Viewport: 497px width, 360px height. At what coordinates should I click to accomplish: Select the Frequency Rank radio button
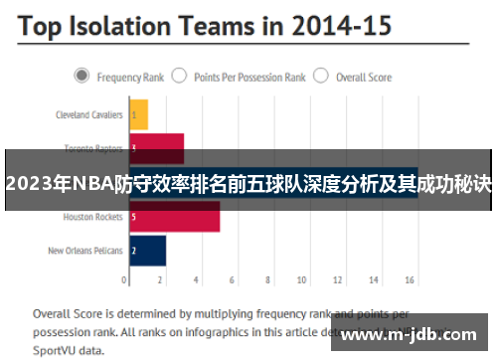[82, 76]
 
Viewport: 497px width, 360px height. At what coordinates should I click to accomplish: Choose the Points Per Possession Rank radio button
[180, 76]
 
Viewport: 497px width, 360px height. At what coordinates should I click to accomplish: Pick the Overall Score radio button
[320, 76]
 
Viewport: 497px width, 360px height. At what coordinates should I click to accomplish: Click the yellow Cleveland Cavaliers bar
[138, 114]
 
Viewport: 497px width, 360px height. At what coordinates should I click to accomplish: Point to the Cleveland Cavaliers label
[88, 114]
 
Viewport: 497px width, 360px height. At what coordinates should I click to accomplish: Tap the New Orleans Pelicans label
[85, 251]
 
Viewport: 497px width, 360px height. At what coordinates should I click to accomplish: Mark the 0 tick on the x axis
[129, 279]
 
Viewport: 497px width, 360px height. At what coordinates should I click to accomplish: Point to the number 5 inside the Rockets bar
[133, 217]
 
